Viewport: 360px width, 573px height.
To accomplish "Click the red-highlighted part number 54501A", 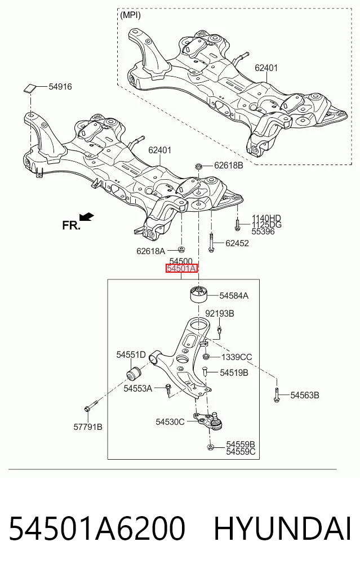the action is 181,269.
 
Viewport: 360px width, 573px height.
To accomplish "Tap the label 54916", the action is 60,87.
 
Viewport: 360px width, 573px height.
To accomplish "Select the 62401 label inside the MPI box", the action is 266,68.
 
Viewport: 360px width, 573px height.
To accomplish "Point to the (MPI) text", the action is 130,15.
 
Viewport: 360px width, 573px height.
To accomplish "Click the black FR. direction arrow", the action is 87,217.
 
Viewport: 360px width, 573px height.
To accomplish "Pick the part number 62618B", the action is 228,165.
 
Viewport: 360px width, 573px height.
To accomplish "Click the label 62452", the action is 237,243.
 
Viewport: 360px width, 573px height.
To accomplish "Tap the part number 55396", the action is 263,232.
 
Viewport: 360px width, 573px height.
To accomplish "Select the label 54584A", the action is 234,296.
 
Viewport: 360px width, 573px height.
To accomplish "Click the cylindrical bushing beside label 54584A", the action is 199,295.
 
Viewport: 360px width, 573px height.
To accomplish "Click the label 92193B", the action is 220,313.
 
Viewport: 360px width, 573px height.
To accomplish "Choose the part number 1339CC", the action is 237,357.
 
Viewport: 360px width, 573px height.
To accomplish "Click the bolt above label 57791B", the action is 90,406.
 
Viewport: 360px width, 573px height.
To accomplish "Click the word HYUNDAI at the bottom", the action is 282,529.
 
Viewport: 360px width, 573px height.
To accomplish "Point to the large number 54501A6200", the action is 97,529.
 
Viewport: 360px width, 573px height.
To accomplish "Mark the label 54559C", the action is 241,452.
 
